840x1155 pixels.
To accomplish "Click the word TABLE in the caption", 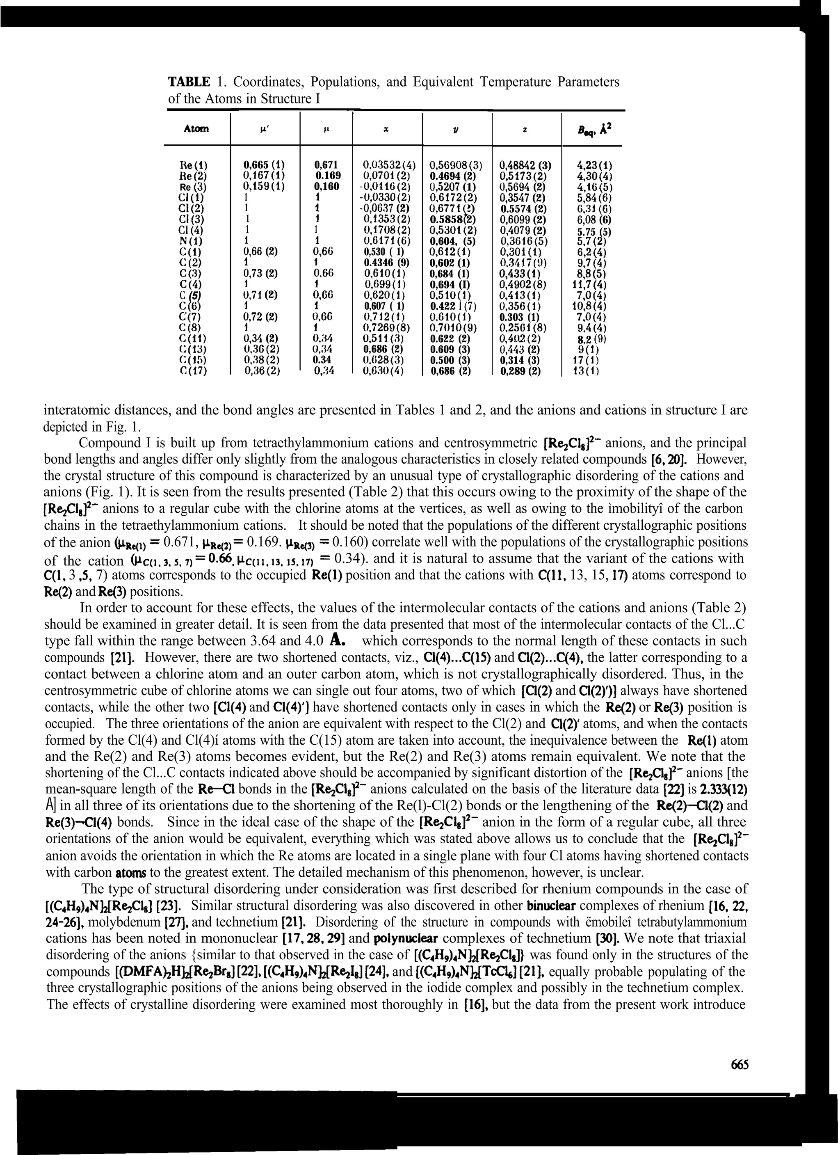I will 188,82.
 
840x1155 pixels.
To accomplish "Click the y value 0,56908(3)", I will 456,165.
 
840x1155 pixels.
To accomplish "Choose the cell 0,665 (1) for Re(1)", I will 264,165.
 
